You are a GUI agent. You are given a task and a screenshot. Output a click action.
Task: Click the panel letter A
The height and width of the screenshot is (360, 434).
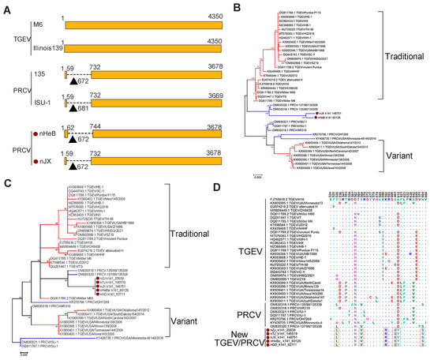(x=6, y=6)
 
